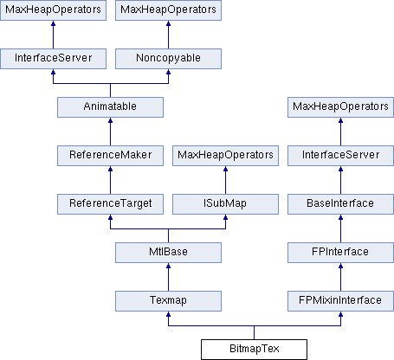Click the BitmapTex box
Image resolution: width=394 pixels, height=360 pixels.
(254, 350)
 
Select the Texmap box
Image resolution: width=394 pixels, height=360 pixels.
(168, 301)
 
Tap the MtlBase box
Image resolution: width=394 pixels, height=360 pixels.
(168, 253)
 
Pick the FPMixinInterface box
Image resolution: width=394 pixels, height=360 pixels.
(340, 301)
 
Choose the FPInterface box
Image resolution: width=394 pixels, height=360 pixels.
(340, 253)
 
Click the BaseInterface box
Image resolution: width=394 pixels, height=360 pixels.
(340, 204)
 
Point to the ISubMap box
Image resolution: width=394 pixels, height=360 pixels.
(225, 204)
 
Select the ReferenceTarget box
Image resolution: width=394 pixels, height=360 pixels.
(110, 204)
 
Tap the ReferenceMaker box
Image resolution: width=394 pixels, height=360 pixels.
(110, 156)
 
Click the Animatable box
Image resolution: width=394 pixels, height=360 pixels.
(110, 107)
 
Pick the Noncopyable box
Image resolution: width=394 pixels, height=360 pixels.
(168, 59)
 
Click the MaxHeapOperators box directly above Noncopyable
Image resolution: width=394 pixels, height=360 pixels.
(168, 10)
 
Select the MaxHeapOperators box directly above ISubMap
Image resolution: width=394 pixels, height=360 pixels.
(225, 156)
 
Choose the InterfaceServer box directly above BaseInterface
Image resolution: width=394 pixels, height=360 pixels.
(340, 156)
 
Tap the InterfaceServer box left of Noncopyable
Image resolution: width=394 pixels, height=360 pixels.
(53, 59)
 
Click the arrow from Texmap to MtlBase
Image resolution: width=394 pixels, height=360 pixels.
(168, 277)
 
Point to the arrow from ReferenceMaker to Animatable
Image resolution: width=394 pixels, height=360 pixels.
(110, 132)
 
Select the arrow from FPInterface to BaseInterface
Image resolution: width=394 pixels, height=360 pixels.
(340, 228)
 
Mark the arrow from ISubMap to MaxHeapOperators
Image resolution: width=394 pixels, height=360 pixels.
(225, 180)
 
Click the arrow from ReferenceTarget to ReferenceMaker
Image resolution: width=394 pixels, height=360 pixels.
(110, 180)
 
